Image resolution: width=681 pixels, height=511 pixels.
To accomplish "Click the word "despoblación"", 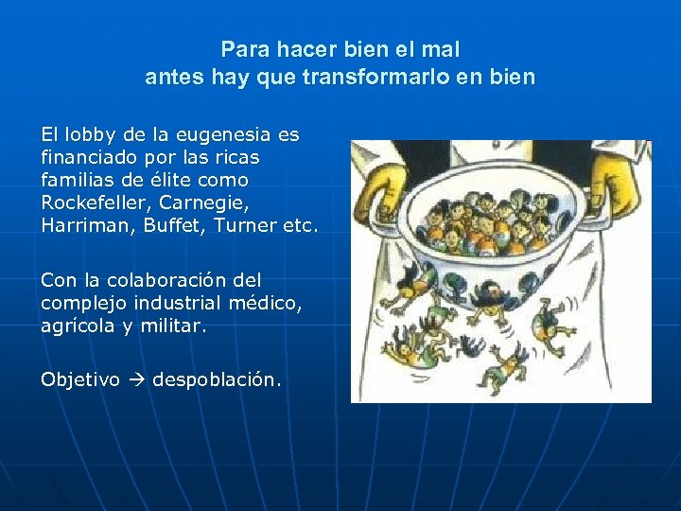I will pyautogui.click(x=216, y=379).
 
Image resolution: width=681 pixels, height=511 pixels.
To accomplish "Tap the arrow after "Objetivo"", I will pyautogui.click(x=136, y=379).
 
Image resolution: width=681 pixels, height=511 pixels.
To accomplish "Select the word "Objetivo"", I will pyautogui.click(x=80, y=379).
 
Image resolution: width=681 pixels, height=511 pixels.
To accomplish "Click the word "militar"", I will pyautogui.click(x=174, y=326).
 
